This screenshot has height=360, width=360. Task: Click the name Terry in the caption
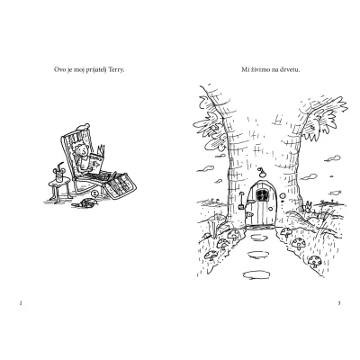tap(117, 70)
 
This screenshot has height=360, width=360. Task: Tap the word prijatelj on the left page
tap(96, 70)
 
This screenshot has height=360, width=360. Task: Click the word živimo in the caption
tap(259, 70)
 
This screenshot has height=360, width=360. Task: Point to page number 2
tap(21, 303)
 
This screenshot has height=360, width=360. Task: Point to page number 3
tap(339, 303)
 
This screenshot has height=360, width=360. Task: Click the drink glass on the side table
tap(58, 175)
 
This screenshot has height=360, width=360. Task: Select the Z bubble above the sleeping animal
tap(94, 193)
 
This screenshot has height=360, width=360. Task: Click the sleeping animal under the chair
tap(85, 203)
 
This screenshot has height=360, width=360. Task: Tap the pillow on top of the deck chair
tap(83, 127)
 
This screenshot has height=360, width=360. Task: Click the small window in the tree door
tap(262, 195)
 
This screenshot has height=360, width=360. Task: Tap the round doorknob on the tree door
tap(271, 208)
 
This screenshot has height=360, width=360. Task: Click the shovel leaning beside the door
tap(240, 202)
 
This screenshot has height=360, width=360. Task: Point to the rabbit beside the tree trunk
tap(309, 208)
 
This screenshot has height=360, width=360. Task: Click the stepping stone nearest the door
tap(259, 238)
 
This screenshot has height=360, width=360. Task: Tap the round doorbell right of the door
tap(282, 196)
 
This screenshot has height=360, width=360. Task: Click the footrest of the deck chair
tap(121, 185)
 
